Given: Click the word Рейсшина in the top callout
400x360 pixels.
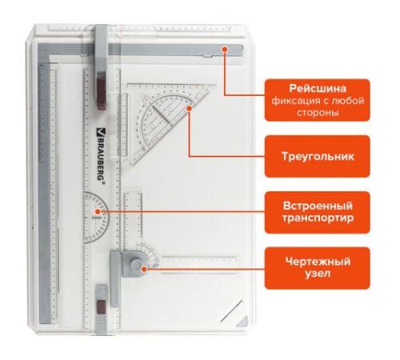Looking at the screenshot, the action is (318, 88).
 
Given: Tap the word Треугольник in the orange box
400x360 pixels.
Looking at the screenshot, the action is (318, 156).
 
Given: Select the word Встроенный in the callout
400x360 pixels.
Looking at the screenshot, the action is (318, 206).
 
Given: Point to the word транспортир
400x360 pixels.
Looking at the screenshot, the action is (318, 218).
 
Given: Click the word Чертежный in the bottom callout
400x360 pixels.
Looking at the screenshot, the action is (318, 262).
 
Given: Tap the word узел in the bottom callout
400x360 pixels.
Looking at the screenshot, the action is (318, 274).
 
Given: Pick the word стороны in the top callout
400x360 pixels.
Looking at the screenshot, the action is (318, 113).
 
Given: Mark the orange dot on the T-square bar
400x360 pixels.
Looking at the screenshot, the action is (225, 49).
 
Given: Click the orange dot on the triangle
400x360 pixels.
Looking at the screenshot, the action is (189, 108).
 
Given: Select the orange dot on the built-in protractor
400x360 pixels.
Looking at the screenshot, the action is (98, 212).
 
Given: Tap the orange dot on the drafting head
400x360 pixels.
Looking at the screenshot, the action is (144, 269).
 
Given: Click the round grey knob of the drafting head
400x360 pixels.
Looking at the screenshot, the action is (136, 265).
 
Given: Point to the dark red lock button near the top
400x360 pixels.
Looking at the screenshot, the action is (102, 90).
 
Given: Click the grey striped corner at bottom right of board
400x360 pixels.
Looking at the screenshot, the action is (243, 322).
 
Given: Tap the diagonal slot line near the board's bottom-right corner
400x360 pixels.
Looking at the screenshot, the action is (231, 310).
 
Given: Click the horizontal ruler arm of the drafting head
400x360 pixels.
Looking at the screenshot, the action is (199, 265).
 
